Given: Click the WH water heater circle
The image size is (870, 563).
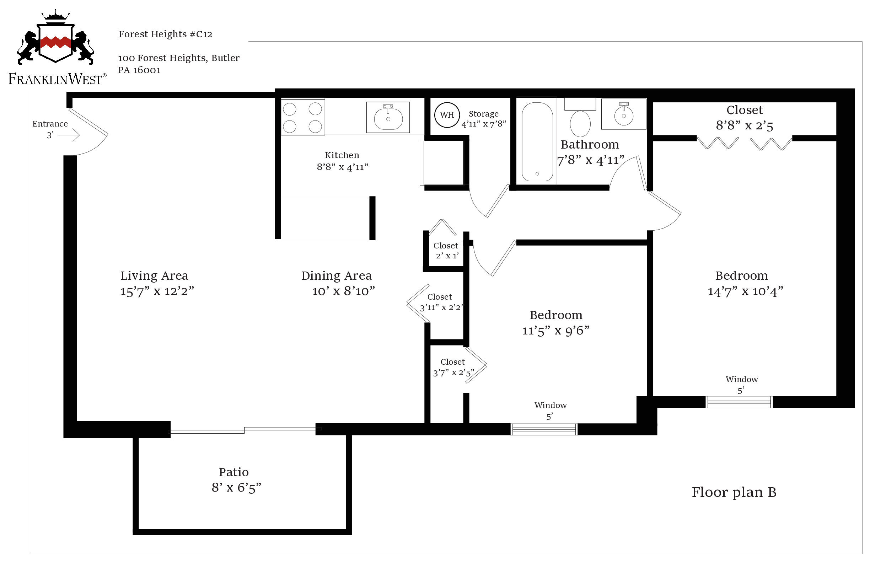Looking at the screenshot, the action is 447,115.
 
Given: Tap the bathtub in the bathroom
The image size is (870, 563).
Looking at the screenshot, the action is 537,142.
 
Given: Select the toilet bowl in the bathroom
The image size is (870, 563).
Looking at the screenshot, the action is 580,124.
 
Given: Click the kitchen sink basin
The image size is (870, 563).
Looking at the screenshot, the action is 388,118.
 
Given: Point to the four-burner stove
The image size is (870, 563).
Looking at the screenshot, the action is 303,117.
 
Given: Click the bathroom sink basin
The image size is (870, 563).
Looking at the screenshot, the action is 624,116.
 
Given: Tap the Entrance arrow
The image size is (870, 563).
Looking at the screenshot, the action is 69,135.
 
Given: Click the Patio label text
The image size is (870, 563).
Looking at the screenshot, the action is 234,472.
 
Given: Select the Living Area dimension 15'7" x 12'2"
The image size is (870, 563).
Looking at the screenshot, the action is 157,291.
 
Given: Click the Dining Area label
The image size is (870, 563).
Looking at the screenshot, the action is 337,275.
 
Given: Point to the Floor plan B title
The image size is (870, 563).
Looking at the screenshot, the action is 734,492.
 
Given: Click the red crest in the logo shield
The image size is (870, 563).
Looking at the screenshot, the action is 55,42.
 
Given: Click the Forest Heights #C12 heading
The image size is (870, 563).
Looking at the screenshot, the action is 166,34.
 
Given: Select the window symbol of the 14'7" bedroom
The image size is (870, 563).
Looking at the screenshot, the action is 739,402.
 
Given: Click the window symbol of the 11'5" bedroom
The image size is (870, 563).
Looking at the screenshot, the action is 544,429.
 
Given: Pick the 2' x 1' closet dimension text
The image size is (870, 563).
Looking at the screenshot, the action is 447,256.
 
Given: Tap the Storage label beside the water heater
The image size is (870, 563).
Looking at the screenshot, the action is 484,114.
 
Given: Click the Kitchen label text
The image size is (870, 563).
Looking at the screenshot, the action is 342,155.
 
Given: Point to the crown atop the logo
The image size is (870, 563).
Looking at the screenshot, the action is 55,16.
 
